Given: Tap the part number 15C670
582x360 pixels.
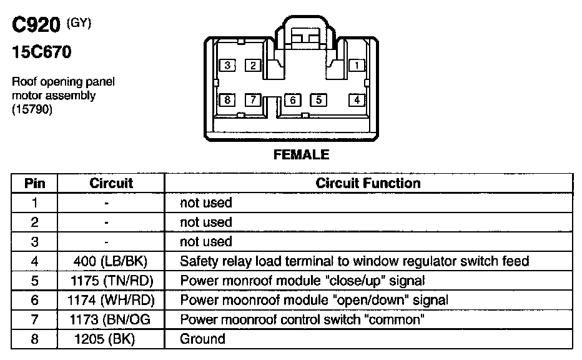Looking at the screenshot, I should click(x=41, y=52).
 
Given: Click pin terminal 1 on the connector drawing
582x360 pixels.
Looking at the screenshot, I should click(x=357, y=65).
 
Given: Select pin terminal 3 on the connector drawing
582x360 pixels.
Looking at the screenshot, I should click(x=228, y=65).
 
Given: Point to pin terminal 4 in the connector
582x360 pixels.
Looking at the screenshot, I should click(x=357, y=100).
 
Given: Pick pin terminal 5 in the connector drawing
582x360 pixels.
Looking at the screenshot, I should click(x=318, y=100).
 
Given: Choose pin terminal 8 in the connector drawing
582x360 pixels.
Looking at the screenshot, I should click(x=228, y=100).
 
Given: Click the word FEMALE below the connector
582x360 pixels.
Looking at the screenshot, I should click(x=301, y=155).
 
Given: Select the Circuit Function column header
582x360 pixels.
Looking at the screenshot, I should click(x=368, y=183).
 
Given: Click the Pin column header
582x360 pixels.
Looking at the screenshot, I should click(x=34, y=183).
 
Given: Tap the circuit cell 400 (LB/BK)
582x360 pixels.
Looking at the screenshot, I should click(x=111, y=261).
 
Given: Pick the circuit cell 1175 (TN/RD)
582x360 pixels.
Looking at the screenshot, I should click(x=111, y=281).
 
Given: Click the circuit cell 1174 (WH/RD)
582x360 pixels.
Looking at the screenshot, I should click(x=111, y=300).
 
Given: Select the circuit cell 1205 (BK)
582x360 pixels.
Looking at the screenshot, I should click(x=107, y=339).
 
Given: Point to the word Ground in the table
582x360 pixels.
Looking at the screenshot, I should click(x=202, y=339).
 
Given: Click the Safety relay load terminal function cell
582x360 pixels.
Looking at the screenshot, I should click(x=354, y=261).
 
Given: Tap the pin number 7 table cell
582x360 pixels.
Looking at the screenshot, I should click(x=34, y=320).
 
